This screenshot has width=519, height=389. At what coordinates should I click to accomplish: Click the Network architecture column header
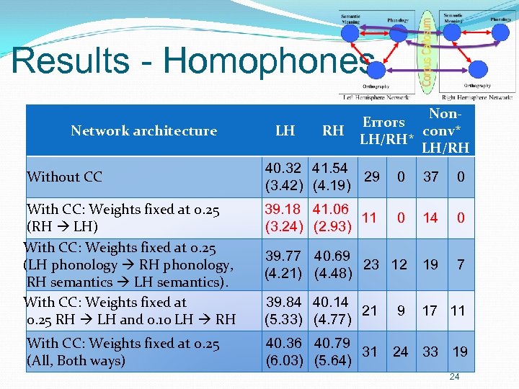pos(143,131)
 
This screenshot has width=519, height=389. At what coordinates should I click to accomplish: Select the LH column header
pos(285,131)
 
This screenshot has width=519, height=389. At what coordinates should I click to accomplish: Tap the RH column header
pos(333,131)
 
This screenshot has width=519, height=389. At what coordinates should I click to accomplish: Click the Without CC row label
pos(64,176)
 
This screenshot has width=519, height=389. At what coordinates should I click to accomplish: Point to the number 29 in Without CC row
pos(372,176)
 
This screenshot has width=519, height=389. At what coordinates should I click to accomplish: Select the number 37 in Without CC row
pos(430,176)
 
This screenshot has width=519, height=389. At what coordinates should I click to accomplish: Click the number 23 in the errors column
pos(372,264)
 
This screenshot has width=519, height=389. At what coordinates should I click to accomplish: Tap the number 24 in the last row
pos(400,352)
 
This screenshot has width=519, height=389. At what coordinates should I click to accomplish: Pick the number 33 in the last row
pos(430,352)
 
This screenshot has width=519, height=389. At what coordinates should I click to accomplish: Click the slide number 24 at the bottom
pos(454,377)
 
